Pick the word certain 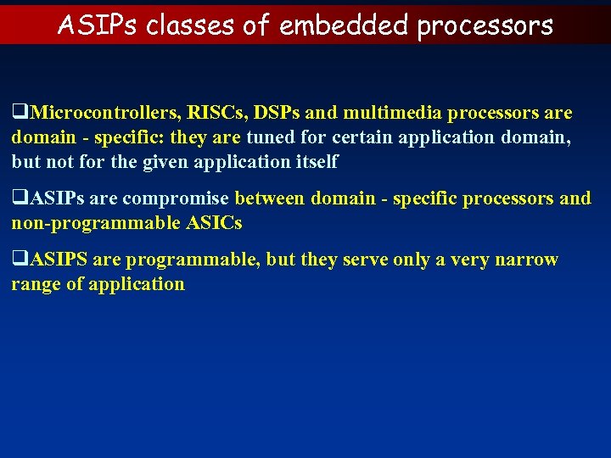point(362,137)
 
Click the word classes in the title point(192,25)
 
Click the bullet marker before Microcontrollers point(17,114)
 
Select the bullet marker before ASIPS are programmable point(17,260)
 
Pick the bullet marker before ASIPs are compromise point(17,199)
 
